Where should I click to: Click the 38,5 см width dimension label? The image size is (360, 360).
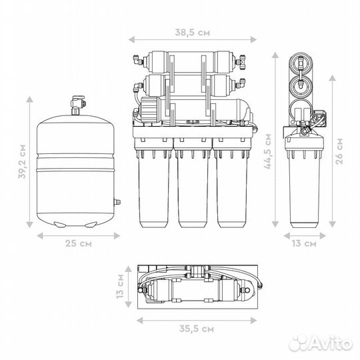click(193, 33)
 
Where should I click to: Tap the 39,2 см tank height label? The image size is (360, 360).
click(23, 161)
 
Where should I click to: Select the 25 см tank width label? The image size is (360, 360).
click(78, 243)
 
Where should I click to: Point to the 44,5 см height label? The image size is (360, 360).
click(268, 151)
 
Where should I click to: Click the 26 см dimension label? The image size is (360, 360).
click(339, 151)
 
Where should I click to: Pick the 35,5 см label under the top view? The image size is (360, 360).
click(196, 329)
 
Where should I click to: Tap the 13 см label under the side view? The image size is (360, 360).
click(304, 243)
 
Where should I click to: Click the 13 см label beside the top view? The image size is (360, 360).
click(120, 286)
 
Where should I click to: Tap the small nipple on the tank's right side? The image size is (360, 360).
click(117, 202)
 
